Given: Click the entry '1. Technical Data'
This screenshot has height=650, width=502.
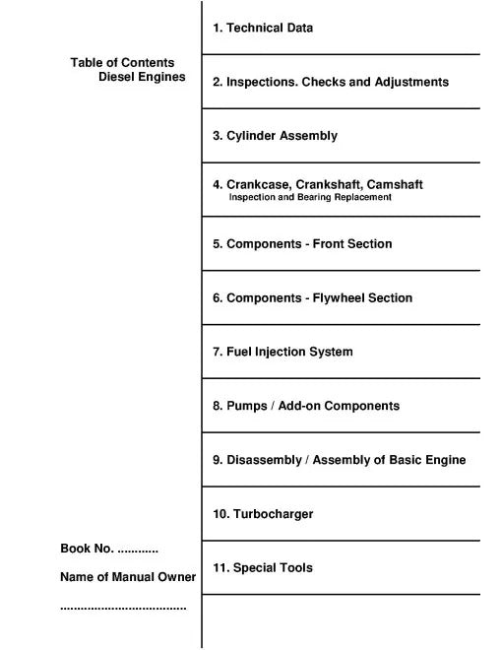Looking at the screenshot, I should tap(263, 28).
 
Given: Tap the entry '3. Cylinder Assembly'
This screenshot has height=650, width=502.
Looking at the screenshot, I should tap(275, 136).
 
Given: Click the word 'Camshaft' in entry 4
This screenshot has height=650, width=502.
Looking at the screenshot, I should tap(395, 184).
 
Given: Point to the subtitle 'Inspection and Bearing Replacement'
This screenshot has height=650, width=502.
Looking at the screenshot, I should tap(310, 197).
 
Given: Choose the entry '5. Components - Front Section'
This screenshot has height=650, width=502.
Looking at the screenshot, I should tap(302, 243).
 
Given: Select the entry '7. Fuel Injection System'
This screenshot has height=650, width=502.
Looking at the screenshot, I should tap(282, 352).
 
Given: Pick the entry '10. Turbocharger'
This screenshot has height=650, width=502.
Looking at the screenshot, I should tap(263, 514).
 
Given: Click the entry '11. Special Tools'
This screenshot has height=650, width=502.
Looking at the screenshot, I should tap(263, 567).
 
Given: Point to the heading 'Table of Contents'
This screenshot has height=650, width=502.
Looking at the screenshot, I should tap(122, 63).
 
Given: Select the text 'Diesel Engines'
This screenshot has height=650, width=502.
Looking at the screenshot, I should tap(142, 77).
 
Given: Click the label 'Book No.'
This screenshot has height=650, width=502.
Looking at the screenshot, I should tap(87, 549).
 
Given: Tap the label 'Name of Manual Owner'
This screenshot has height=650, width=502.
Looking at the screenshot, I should tap(128, 577).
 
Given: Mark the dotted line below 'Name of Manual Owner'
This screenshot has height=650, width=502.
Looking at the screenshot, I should tap(123, 607).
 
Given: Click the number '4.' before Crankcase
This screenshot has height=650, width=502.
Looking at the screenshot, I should tap(218, 184).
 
